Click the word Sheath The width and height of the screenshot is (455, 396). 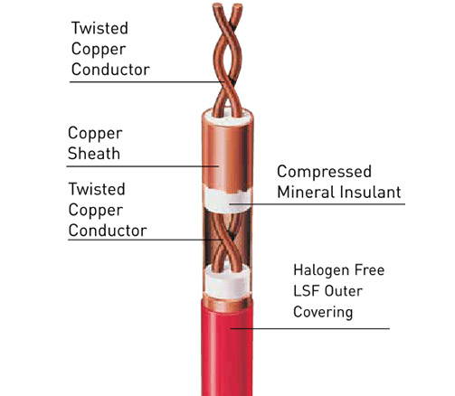click(94, 154)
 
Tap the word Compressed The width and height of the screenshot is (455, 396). click(324, 173)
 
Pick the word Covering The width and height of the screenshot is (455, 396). click(323, 312)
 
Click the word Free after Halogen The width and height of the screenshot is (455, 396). click(369, 270)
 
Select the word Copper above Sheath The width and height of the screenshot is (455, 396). click(95, 134)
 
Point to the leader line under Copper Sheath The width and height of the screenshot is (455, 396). click(142, 166)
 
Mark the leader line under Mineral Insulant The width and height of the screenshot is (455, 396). click(317, 204)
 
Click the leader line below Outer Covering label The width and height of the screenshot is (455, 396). click(310, 328)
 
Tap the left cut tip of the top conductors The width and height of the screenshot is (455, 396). click(217, 5)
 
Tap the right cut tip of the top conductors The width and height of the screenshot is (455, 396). click(238, 6)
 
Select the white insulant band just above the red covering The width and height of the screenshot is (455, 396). click(227, 283)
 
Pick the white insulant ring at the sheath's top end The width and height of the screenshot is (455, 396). click(228, 118)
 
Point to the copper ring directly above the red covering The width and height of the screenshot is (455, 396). click(227, 305)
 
